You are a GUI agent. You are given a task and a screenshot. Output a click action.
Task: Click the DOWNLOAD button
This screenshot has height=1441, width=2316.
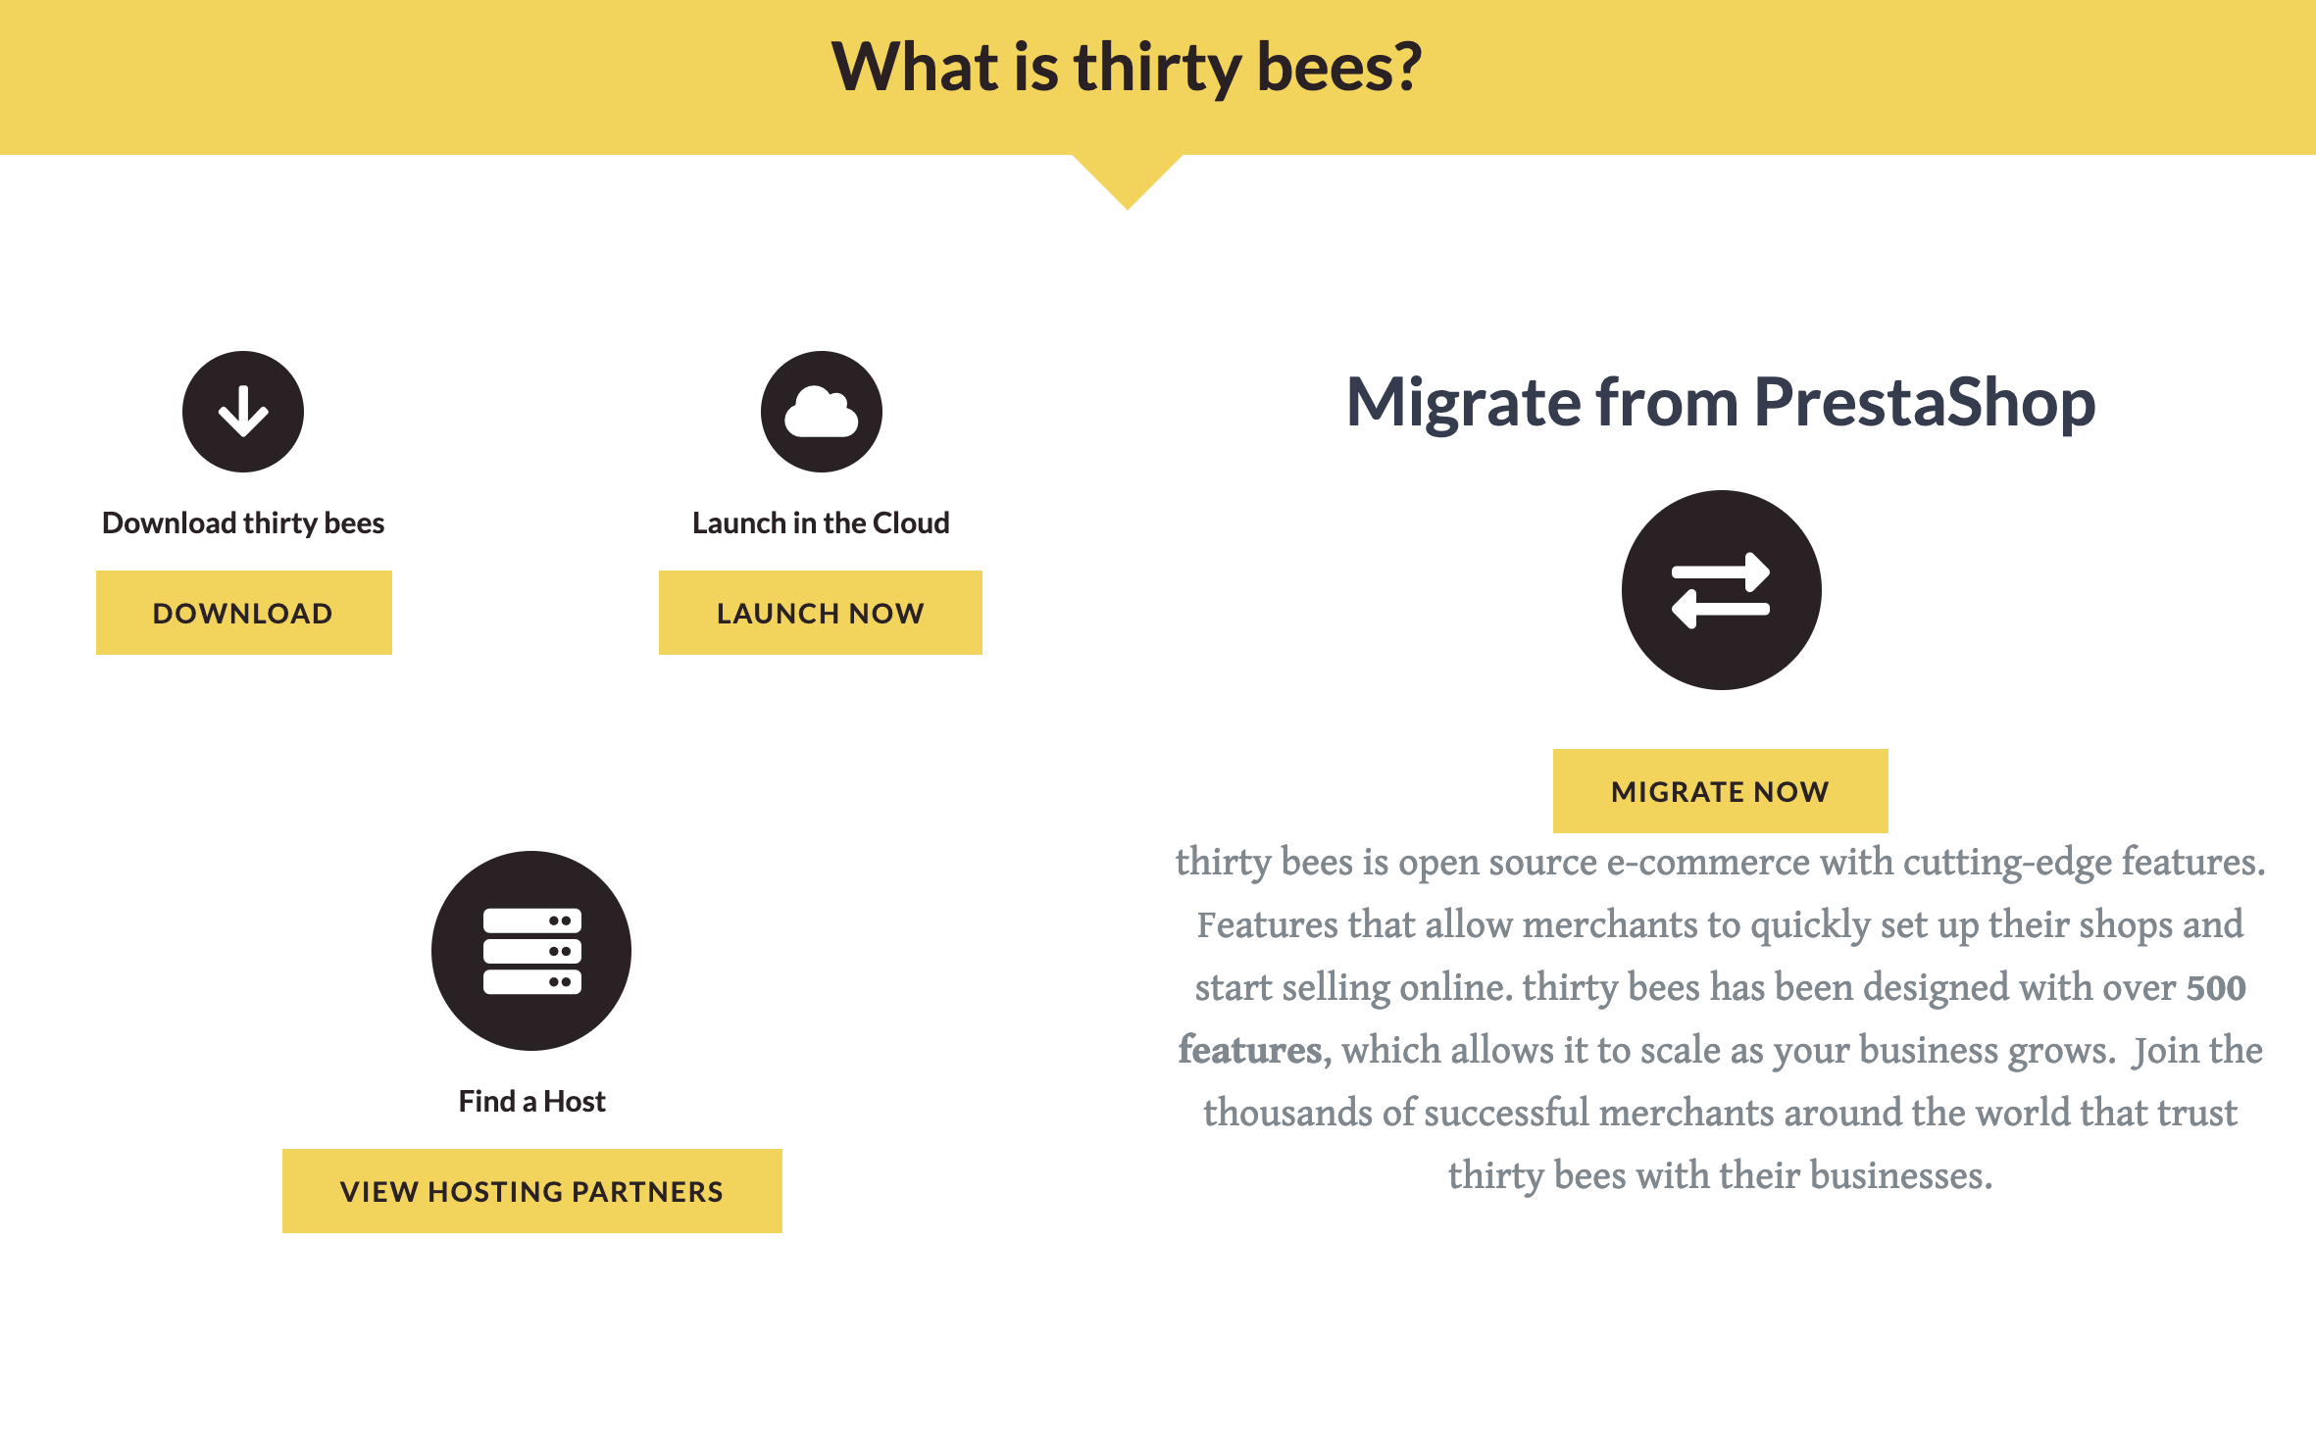tap(243, 613)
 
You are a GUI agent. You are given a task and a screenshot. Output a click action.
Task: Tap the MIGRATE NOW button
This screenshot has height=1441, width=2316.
tap(1720, 791)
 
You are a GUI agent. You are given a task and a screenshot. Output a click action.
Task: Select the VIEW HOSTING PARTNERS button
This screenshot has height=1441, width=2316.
tap(531, 1191)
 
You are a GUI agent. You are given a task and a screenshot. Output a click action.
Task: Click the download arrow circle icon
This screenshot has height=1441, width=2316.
tap(243, 412)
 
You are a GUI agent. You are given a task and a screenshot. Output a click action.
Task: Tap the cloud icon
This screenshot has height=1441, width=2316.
tap(822, 412)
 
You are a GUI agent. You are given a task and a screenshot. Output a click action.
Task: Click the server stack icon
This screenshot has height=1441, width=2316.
tap(531, 951)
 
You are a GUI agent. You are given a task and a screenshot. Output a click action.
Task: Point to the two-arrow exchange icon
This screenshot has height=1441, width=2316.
tap(1721, 590)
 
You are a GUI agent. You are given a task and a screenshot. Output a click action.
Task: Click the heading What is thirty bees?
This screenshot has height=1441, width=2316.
tap(1127, 67)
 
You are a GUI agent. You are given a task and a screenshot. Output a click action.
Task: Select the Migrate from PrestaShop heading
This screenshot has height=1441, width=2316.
tap(1721, 402)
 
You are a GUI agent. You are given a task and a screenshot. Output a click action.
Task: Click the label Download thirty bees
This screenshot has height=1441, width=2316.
tap(243, 523)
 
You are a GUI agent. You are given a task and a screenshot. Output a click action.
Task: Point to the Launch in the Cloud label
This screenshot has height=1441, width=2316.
tap(821, 523)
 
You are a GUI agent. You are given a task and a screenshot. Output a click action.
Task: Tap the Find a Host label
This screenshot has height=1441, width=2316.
tap(531, 1102)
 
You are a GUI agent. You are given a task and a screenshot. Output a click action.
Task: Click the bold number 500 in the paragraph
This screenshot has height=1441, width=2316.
tap(2216, 988)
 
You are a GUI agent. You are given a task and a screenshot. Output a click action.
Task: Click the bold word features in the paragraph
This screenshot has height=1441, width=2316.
tap(1250, 1051)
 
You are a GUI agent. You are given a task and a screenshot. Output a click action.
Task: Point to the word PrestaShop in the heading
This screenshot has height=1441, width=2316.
tap(1924, 402)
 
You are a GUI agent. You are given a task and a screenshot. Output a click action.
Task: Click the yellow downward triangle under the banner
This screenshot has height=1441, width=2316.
tap(1128, 176)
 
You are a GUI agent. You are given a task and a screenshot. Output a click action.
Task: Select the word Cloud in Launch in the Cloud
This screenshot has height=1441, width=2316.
tap(911, 523)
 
